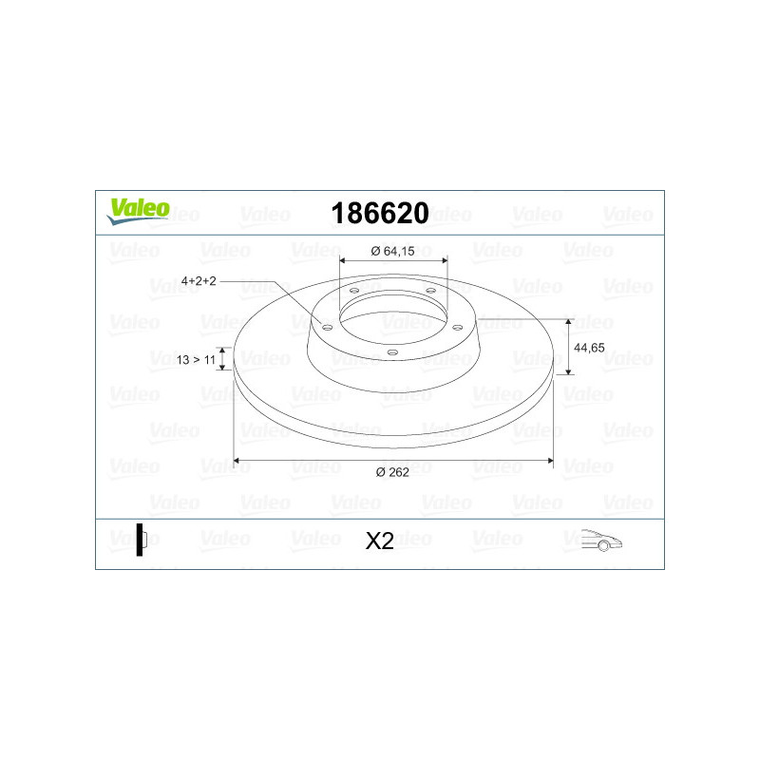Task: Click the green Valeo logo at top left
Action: [x=138, y=211]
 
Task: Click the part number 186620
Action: [x=380, y=213]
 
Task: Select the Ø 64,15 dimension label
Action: [x=392, y=251]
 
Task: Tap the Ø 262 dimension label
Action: [x=392, y=472]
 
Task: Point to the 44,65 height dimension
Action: [x=589, y=348]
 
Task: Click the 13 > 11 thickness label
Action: [x=196, y=360]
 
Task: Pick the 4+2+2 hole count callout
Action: [x=199, y=280]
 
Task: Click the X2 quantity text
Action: [x=379, y=541]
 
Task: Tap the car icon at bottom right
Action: [x=601, y=540]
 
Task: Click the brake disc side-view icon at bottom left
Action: [x=141, y=540]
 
